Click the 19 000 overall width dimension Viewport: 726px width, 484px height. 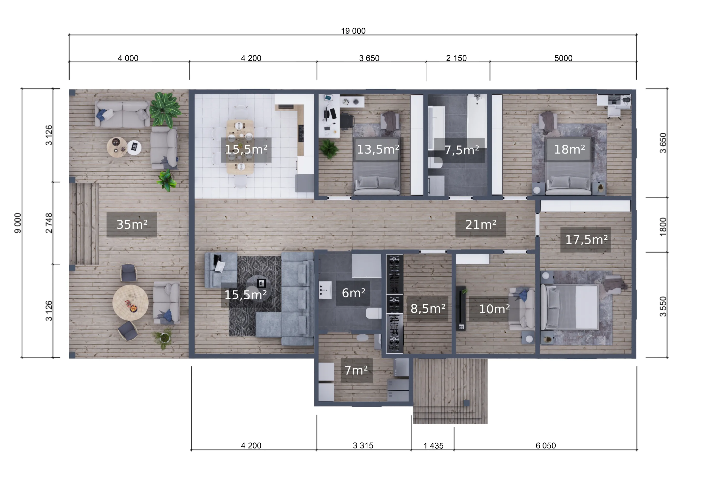[353, 31]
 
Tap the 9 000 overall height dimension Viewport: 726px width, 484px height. [18, 223]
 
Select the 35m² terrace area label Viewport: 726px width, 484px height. [132, 224]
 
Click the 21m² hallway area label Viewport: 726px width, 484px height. [481, 224]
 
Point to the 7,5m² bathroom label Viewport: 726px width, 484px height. [461, 150]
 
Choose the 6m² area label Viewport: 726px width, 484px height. [353, 293]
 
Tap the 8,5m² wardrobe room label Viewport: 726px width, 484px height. [428, 308]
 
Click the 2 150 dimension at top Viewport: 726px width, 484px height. [456, 58]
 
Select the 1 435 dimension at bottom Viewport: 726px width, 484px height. [433, 446]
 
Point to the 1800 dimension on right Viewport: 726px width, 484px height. [663, 227]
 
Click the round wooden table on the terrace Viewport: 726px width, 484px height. [130, 302]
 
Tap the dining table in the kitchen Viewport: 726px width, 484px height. [240, 147]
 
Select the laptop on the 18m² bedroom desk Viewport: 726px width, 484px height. [614, 100]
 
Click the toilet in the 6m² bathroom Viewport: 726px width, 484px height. [373, 313]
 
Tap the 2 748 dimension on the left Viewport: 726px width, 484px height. [49, 223]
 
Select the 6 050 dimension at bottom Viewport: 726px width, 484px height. [546, 446]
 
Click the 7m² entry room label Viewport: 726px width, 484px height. [356, 370]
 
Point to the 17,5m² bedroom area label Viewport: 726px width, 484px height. [586, 240]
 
